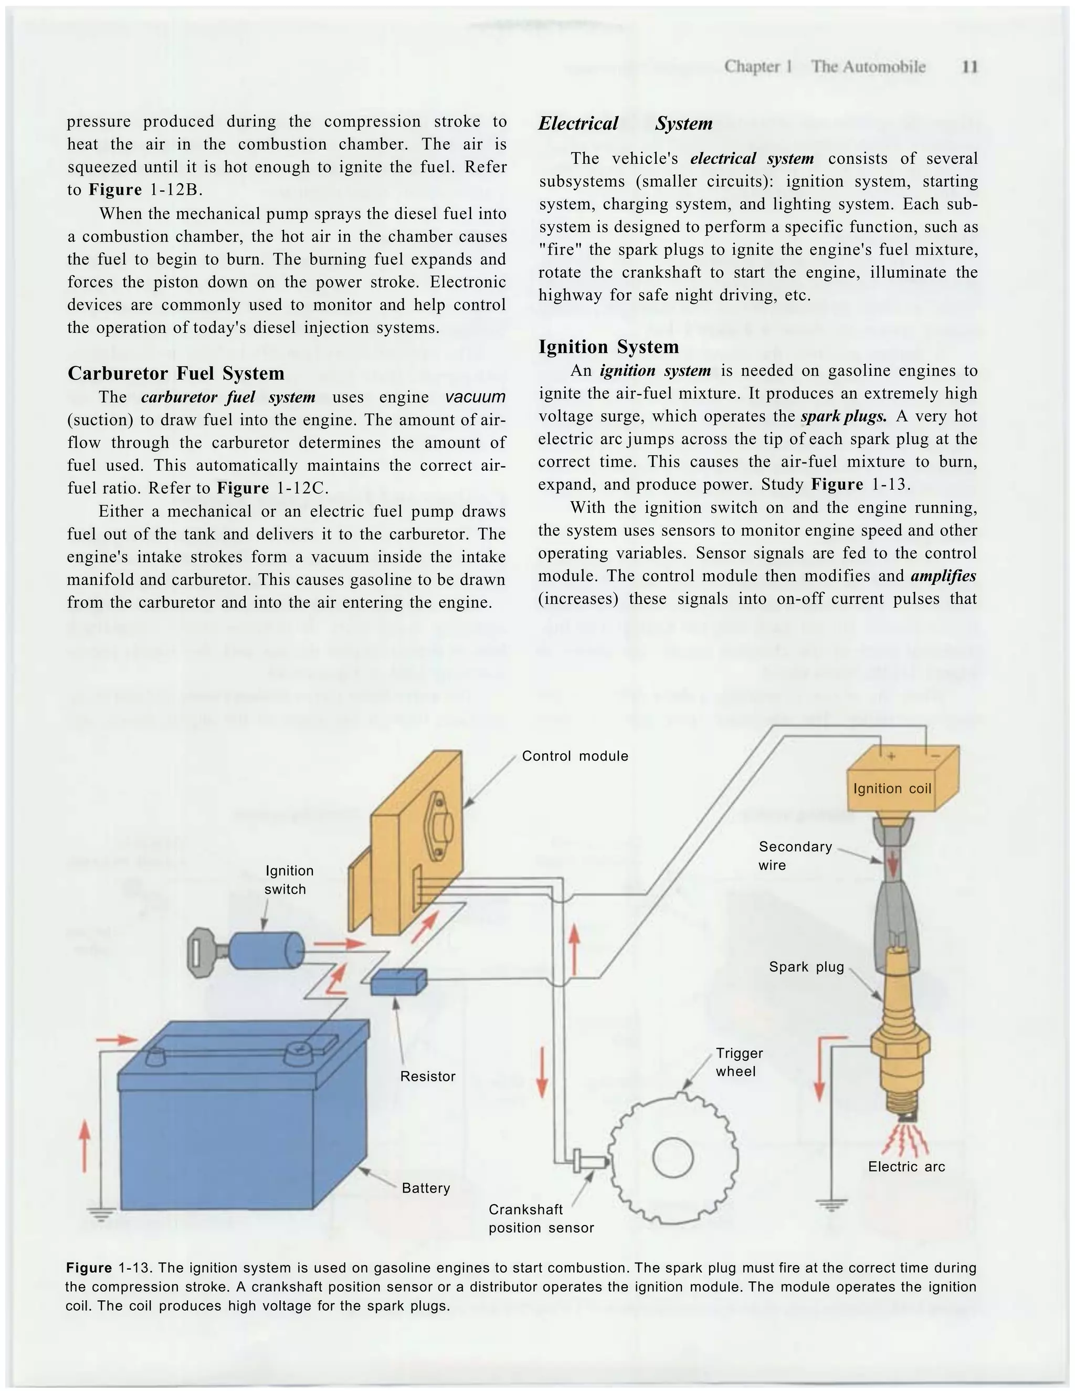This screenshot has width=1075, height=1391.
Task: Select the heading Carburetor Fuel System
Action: (176, 373)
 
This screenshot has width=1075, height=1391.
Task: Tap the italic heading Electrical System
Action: (625, 123)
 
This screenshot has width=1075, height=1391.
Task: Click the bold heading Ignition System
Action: (608, 347)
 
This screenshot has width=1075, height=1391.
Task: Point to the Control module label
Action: (574, 756)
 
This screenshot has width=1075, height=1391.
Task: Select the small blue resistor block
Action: (398, 982)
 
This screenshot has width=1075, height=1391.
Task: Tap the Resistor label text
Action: (427, 1077)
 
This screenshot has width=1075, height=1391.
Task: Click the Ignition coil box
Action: (892, 788)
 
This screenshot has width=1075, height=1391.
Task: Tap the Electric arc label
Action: (905, 1167)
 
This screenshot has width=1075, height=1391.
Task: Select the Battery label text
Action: (425, 1188)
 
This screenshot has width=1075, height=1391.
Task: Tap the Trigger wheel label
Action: (738, 1062)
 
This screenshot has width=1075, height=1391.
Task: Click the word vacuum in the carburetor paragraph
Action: (475, 397)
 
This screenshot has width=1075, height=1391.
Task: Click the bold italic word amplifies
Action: (943, 576)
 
